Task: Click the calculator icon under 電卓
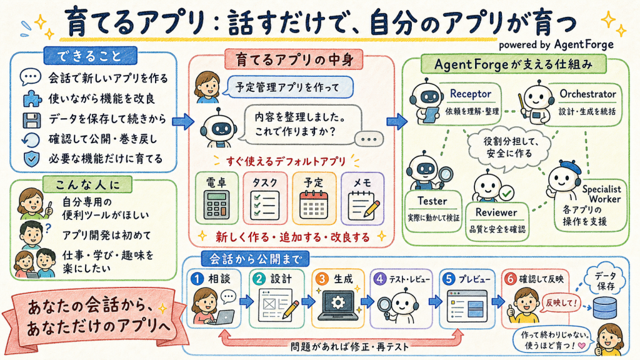point(216,206)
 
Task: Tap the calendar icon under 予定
point(314,204)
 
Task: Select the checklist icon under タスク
point(264,205)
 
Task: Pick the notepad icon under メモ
point(363,206)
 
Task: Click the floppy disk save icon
point(31,119)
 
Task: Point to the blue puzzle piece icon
point(32,99)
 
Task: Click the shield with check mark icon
point(31,159)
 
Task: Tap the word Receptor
point(470,94)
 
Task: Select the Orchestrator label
point(587,94)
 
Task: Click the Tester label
point(432,201)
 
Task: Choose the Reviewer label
point(496,212)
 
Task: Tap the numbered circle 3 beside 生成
point(322,279)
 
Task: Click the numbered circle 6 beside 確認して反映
point(510,279)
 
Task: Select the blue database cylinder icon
point(604,308)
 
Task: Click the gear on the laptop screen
point(337,302)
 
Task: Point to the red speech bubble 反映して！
point(561,303)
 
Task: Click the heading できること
point(89,56)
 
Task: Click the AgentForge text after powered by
point(584,44)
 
